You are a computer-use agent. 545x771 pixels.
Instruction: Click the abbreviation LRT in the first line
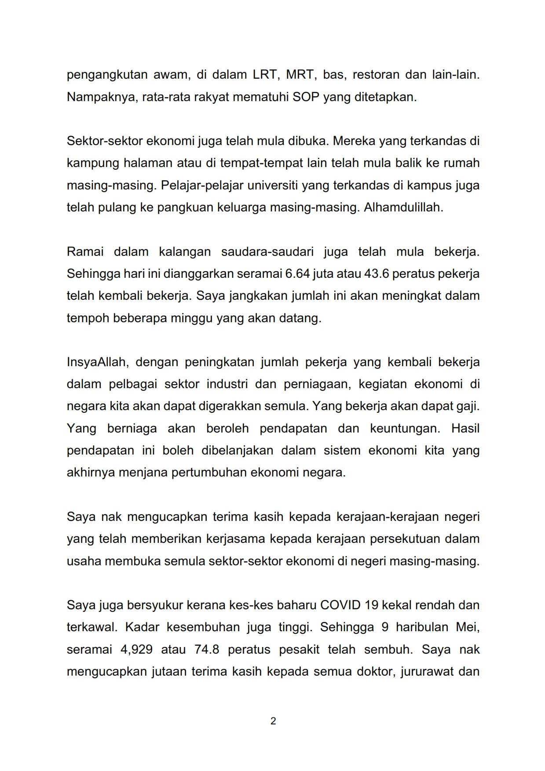click(x=264, y=74)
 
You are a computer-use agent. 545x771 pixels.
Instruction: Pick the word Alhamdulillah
click(x=403, y=207)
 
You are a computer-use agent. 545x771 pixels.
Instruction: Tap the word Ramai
click(x=85, y=251)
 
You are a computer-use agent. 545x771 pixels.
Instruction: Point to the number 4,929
click(x=136, y=649)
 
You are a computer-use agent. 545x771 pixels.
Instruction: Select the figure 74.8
click(x=207, y=649)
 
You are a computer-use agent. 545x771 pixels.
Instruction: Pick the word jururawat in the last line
click(x=425, y=671)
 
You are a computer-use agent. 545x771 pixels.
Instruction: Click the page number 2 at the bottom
click(x=273, y=721)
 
